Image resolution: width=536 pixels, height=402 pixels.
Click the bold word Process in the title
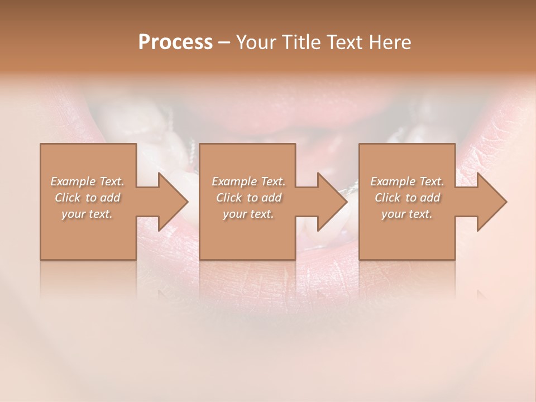click(175, 42)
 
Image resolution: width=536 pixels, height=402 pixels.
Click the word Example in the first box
click(73, 181)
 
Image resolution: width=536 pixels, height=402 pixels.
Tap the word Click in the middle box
click(228, 198)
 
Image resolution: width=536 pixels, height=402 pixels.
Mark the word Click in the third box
click(387, 198)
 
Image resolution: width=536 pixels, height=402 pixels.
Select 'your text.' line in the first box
click(87, 214)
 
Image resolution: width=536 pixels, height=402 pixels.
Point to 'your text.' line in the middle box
click(248, 214)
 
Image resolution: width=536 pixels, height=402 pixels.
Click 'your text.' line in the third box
click(407, 214)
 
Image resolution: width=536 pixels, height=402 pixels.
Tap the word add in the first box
click(111, 198)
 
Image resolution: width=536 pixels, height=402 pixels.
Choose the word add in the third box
click(430, 198)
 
